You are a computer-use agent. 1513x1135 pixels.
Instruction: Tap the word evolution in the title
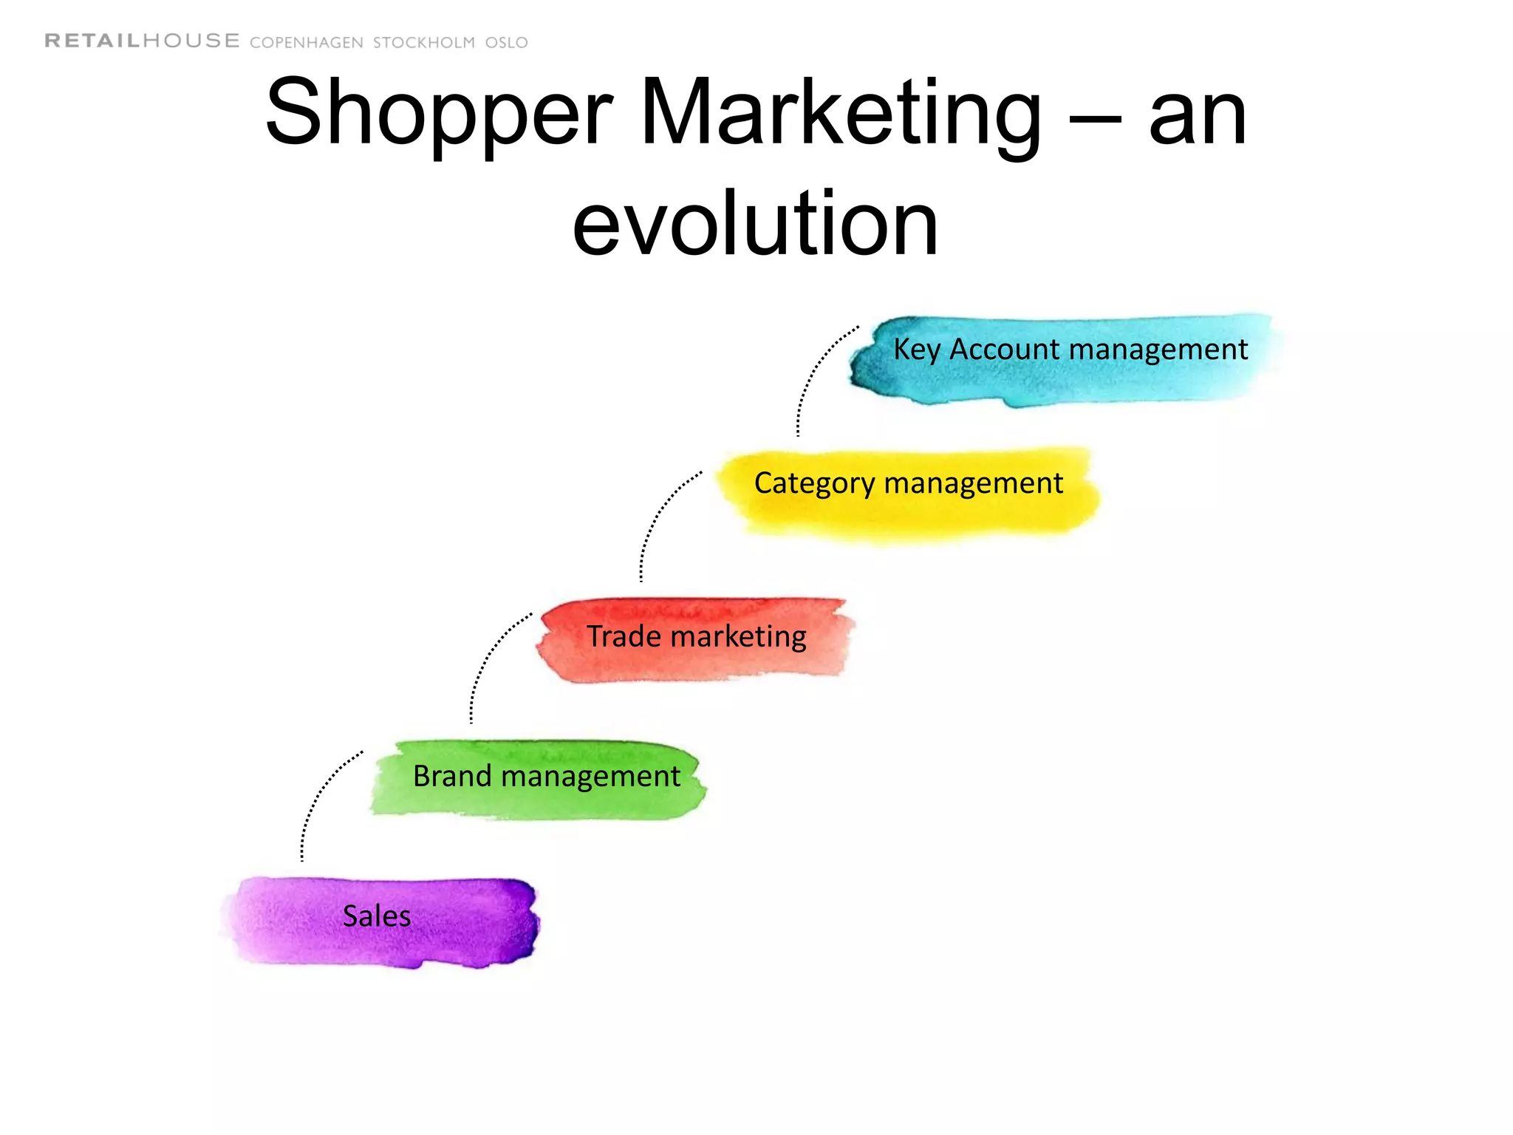[755, 223]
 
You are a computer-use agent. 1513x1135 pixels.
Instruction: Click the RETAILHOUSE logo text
[142, 41]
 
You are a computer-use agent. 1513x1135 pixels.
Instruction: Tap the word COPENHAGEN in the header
[307, 43]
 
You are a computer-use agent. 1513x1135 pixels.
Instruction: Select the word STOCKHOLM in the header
[424, 43]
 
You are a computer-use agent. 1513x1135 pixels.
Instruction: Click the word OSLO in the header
[507, 43]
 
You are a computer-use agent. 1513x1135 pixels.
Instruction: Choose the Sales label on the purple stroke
[377, 916]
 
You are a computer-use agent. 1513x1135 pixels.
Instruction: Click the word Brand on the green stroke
[452, 776]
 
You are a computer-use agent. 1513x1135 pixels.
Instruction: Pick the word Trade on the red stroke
[624, 636]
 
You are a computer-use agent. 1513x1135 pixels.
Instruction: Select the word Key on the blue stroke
[916, 350]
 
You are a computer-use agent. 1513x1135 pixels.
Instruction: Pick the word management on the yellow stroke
[974, 484]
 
